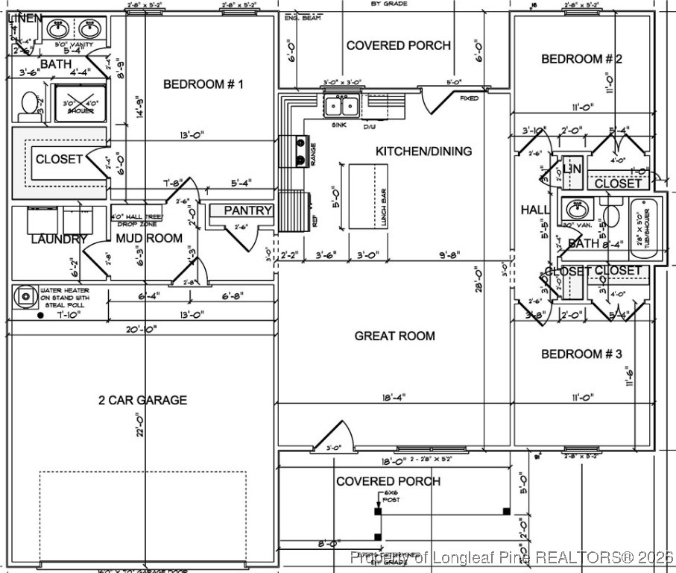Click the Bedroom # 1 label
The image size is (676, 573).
(203, 84)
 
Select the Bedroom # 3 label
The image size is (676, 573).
(581, 354)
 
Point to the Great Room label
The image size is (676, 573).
(394, 336)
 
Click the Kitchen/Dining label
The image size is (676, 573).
(423, 151)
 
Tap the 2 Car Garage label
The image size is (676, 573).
(142, 400)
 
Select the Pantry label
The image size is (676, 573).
(248, 211)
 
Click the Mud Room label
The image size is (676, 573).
(149, 239)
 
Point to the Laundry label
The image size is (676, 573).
(59, 239)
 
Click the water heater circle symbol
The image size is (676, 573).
(26, 296)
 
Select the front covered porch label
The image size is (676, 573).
(388, 481)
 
